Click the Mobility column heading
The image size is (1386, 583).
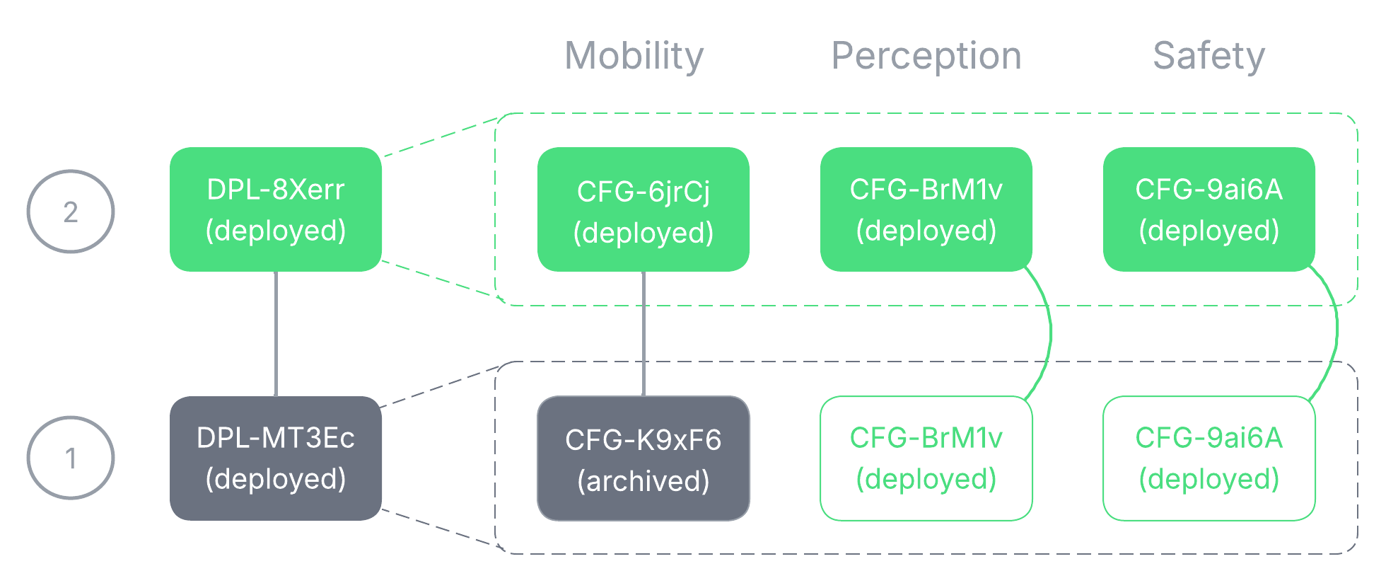tap(634, 56)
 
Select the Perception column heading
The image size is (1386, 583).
tap(926, 56)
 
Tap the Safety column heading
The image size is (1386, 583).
tap(1209, 56)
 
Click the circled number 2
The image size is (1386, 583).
tap(71, 212)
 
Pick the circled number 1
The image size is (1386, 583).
tap(71, 458)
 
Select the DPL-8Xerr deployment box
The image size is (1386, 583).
tap(276, 209)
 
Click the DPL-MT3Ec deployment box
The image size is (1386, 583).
tap(276, 458)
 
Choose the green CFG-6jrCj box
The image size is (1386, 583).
tap(643, 209)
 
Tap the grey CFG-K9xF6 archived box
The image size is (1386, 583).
tap(643, 458)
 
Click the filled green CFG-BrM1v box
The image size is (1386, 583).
tap(926, 209)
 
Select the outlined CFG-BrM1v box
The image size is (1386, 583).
tap(926, 458)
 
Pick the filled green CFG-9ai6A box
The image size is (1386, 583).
tap(1209, 209)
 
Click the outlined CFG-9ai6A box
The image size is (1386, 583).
tap(1209, 458)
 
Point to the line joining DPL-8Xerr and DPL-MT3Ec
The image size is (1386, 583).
tap(276, 333)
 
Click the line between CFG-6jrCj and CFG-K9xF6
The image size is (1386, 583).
tap(643, 333)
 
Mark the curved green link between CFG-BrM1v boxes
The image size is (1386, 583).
tap(1051, 333)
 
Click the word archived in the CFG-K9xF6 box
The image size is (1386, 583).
tap(643, 481)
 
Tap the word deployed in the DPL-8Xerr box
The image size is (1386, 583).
tap(276, 231)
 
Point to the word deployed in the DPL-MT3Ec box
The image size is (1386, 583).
tap(276, 479)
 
